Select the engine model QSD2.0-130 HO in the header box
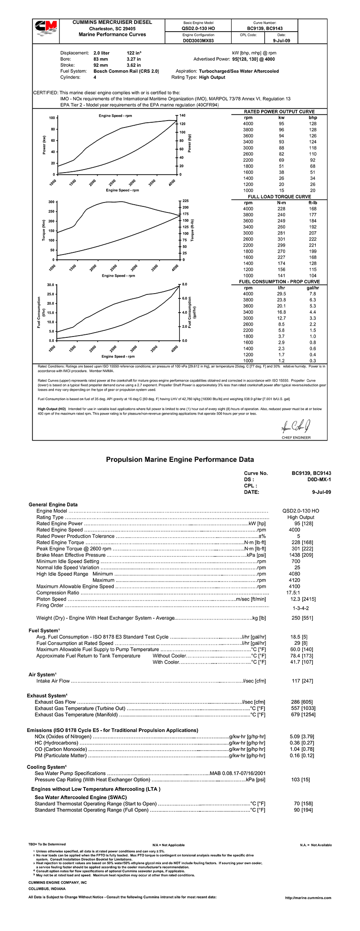[198, 28]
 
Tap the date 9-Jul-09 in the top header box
[281, 40]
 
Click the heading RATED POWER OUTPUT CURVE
[279, 111]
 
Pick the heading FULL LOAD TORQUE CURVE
[279, 196]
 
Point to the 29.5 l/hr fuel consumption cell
[281, 294]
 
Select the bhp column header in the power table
[313, 118]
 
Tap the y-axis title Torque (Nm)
[43, 230]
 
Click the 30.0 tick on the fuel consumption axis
[50, 285]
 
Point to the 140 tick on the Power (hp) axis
[182, 116]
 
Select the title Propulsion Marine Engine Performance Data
[180, 460]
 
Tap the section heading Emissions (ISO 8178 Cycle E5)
[112, 730]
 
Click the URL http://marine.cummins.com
[308, 898]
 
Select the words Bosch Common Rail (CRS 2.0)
[126, 71]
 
